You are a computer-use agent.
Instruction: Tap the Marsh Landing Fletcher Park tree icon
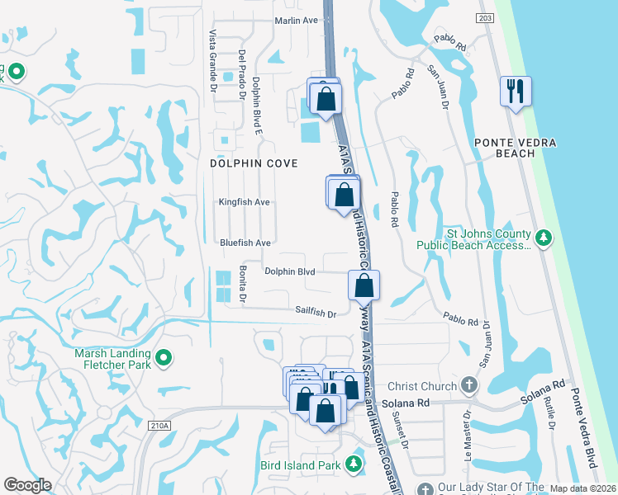point(164,357)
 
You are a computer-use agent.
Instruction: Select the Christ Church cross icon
point(469,385)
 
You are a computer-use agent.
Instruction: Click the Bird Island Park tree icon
point(354,464)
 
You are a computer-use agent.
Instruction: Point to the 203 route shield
point(485,17)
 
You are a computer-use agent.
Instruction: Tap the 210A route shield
point(160,426)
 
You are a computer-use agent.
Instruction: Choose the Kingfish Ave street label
point(245,201)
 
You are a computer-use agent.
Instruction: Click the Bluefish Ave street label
point(245,243)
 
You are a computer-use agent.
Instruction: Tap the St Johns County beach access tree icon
point(544,238)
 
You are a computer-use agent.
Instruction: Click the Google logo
point(28,485)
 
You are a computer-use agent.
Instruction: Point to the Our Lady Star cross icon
point(425,488)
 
